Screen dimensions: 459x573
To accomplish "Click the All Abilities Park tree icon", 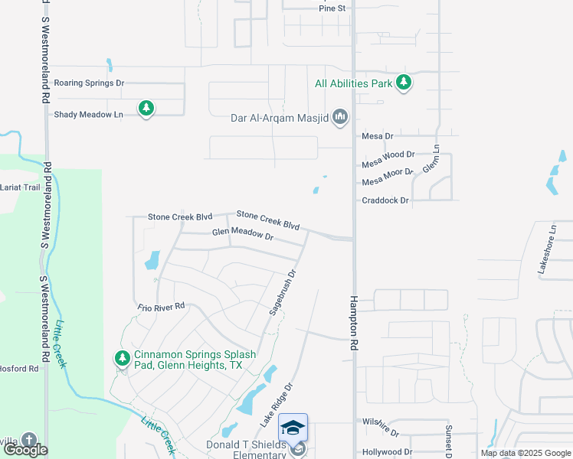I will pos(404,83).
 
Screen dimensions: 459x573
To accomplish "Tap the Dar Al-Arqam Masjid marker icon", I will pos(341,118).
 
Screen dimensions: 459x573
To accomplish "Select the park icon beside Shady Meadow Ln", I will pos(146,108).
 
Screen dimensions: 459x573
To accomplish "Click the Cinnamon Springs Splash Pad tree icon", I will pos(122,357).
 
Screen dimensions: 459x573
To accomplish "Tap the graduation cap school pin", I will pos(293,428).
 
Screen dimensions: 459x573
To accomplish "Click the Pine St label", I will pos(332,8).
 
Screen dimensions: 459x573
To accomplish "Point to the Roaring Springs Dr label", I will pos(89,83).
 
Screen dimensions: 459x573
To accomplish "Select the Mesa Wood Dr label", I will pos(388,154).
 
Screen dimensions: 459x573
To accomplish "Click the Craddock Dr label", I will pos(385,200).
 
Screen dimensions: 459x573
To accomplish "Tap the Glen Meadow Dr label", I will pos(243,234).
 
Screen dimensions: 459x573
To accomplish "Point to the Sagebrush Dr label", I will pos(283,292).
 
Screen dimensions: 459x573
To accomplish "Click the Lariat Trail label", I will pos(19,187).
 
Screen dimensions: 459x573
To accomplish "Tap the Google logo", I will pos(25,450).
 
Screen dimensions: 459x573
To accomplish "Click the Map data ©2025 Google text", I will pos(524,453).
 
